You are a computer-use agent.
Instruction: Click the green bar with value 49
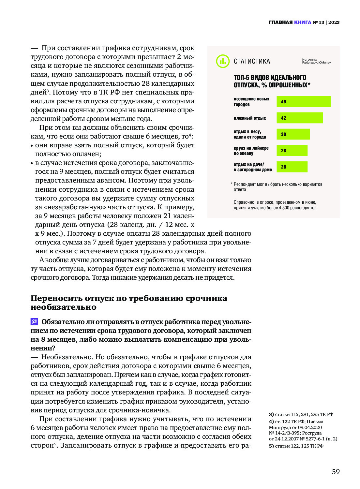[x=303, y=101]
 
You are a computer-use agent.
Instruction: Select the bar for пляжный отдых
[x=299, y=118]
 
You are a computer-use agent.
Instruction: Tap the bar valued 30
[x=293, y=134]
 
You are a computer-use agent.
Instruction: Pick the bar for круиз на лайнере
[x=292, y=150]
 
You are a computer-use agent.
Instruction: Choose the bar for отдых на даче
[x=292, y=167]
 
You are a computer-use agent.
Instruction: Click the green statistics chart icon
[x=223, y=61]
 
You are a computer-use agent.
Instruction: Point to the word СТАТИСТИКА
[x=252, y=61]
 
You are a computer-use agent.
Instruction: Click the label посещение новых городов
[x=251, y=101]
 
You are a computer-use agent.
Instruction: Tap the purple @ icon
[x=34, y=321]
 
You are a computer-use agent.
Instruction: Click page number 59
[x=336, y=471]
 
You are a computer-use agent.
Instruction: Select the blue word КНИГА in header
[x=302, y=22]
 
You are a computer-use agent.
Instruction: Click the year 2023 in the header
[x=334, y=22]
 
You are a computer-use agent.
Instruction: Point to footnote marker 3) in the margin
[x=271, y=414]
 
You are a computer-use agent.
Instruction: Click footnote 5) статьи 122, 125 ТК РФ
[x=296, y=446]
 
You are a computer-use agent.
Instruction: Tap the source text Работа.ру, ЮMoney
[x=316, y=63]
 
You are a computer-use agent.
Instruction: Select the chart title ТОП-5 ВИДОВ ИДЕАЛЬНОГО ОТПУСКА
[x=272, y=81]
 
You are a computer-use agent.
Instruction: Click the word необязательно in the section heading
[x=63, y=307]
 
